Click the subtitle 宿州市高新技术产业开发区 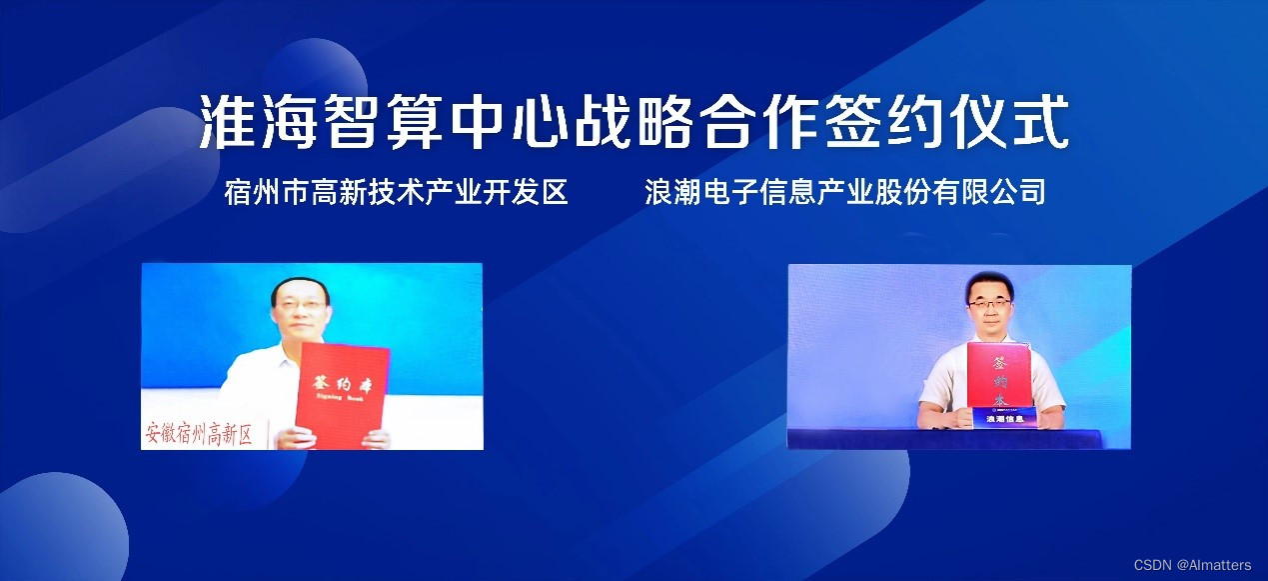click(396, 191)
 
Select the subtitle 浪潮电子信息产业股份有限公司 click(845, 191)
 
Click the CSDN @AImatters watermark click(1192, 565)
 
